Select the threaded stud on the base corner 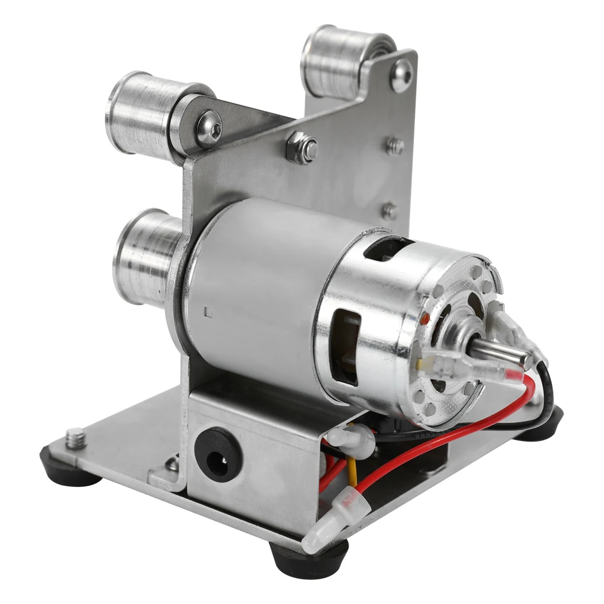(x=77, y=436)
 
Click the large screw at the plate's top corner (x=401, y=75)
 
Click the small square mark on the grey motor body (x=208, y=312)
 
